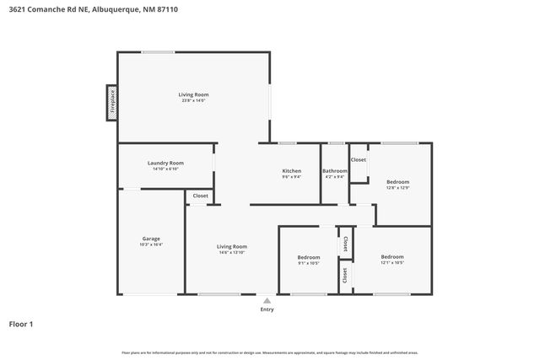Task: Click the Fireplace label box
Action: pyautogui.click(x=111, y=102)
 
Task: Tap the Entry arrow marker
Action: pyautogui.click(x=267, y=299)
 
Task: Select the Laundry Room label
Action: pyautogui.click(x=165, y=163)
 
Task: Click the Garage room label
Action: pyautogui.click(x=151, y=239)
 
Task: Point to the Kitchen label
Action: pyautogui.click(x=291, y=171)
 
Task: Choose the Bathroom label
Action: pyautogui.click(x=335, y=171)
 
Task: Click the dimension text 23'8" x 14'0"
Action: pyautogui.click(x=193, y=100)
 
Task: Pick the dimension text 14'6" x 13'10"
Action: pyautogui.click(x=232, y=253)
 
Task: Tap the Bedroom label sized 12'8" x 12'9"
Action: pyautogui.click(x=398, y=182)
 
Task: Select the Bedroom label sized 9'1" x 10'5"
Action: pyautogui.click(x=308, y=257)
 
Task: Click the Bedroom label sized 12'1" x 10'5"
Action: pyautogui.click(x=391, y=256)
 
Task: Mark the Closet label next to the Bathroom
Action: pyautogui.click(x=359, y=159)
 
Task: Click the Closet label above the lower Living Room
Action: pyautogui.click(x=200, y=196)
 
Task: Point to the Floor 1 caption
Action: pyautogui.click(x=21, y=324)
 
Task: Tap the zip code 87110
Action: pyautogui.click(x=168, y=9)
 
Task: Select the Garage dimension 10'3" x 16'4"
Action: pyautogui.click(x=151, y=244)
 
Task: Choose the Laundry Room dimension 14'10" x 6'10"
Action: pyautogui.click(x=165, y=169)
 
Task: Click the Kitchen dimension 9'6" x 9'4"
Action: pyautogui.click(x=291, y=177)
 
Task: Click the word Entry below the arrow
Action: pyautogui.click(x=267, y=309)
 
